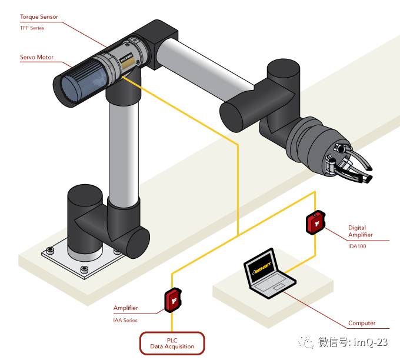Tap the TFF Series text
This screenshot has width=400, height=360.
[32, 27]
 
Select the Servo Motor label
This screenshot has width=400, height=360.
[36, 58]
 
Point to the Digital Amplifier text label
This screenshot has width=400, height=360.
[360, 231]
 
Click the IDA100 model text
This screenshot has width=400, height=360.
[357, 246]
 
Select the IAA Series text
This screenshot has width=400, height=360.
[125, 320]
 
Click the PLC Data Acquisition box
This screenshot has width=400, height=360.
[172, 342]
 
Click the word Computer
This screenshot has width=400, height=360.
[361, 323]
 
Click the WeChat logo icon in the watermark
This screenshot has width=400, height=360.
[306, 342]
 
